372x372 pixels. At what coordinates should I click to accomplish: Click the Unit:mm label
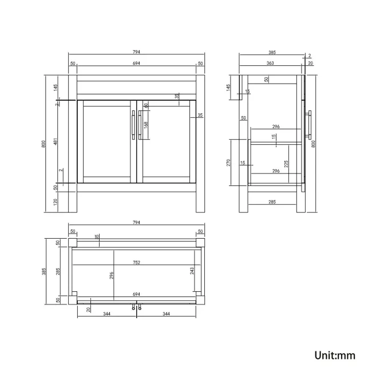pyautogui.click(x=335, y=355)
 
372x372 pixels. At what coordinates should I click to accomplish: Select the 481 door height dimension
pyautogui.click(x=56, y=141)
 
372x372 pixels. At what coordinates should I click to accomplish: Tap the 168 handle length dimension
pyautogui.click(x=146, y=125)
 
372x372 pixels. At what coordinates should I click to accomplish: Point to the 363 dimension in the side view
pyautogui.click(x=270, y=63)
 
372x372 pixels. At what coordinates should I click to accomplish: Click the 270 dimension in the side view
pyautogui.click(x=228, y=163)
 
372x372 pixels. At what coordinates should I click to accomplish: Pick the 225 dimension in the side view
pyautogui.click(x=286, y=164)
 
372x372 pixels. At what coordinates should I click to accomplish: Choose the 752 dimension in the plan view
pyautogui.click(x=136, y=262)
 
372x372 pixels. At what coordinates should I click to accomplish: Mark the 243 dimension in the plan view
pyautogui.click(x=192, y=271)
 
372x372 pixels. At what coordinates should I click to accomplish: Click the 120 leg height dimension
pyautogui.click(x=56, y=202)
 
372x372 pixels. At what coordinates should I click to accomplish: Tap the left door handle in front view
pyautogui.click(x=133, y=125)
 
